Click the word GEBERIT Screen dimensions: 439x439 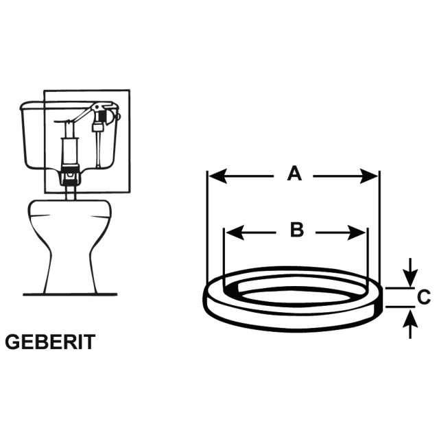50,342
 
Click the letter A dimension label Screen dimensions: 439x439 294,173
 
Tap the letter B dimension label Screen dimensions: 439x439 297,230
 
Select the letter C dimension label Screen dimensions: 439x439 424,297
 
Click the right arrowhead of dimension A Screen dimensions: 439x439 369,176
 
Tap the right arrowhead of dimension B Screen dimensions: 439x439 357,233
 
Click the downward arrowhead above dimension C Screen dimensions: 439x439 410,278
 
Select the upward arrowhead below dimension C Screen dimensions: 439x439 410,318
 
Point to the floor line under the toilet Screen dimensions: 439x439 70,294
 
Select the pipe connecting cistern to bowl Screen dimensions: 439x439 70,193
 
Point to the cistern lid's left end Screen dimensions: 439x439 21,106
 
